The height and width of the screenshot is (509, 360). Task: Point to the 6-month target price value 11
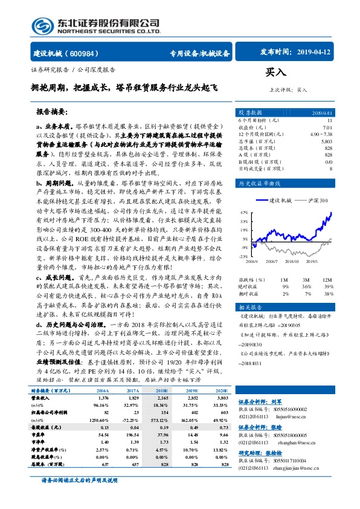pos(329,121)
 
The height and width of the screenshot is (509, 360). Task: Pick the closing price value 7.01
pos(327,128)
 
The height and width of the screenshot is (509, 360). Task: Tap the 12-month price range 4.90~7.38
pos(320,134)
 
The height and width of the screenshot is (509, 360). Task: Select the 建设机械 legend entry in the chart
pos(280,199)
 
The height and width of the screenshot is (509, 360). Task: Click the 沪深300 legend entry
pos(318,199)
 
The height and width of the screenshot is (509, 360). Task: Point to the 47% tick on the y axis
pos(243,213)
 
